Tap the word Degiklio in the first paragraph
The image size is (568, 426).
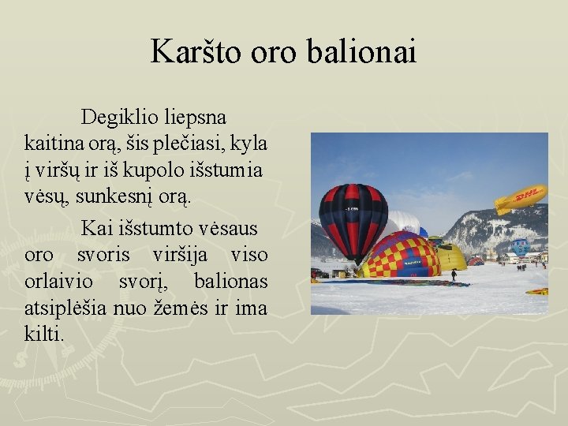pos(120,118)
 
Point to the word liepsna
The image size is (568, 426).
pos(196,118)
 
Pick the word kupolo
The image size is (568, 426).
pos(173,170)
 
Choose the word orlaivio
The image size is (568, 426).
pos(62,282)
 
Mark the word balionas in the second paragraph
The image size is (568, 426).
pos(230,282)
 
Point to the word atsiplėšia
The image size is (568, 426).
pos(65,308)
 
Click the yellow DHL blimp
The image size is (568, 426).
pos(520,198)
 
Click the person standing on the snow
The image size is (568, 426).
pos(454,275)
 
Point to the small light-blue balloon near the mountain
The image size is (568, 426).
pos(520,247)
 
